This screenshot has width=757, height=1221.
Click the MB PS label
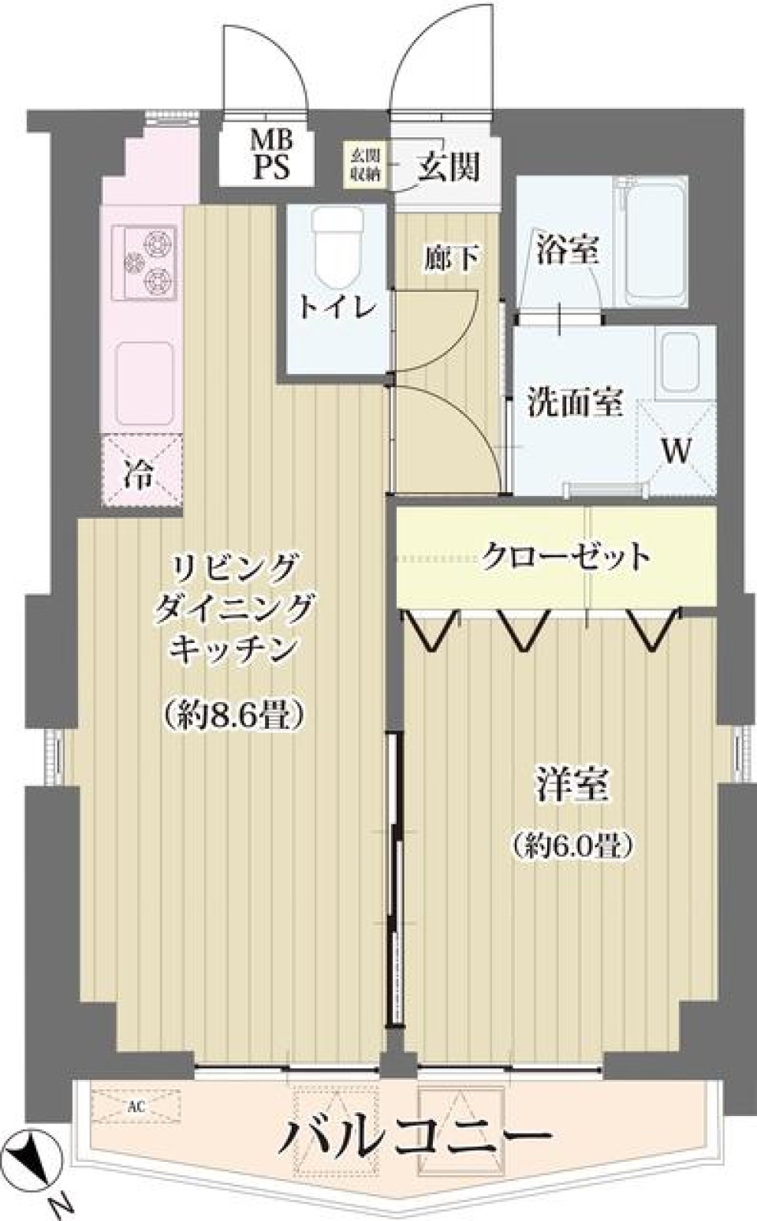[271, 156]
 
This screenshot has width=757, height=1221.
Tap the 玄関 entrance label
[448, 166]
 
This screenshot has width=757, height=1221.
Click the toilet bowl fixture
[337, 245]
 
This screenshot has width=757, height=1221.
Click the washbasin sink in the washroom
[684, 364]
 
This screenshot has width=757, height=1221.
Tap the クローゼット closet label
[565, 556]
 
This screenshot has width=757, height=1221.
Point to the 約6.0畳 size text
[572, 846]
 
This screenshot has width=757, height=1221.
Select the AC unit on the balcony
[136, 1106]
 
